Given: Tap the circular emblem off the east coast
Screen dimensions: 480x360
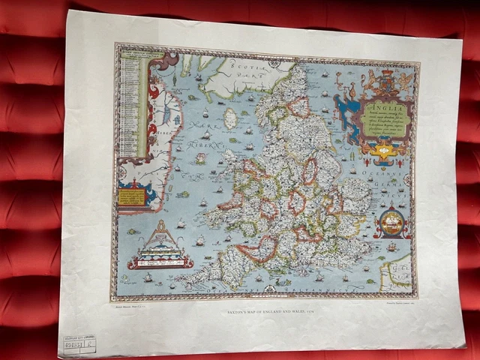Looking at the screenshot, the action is tap(391, 222).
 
